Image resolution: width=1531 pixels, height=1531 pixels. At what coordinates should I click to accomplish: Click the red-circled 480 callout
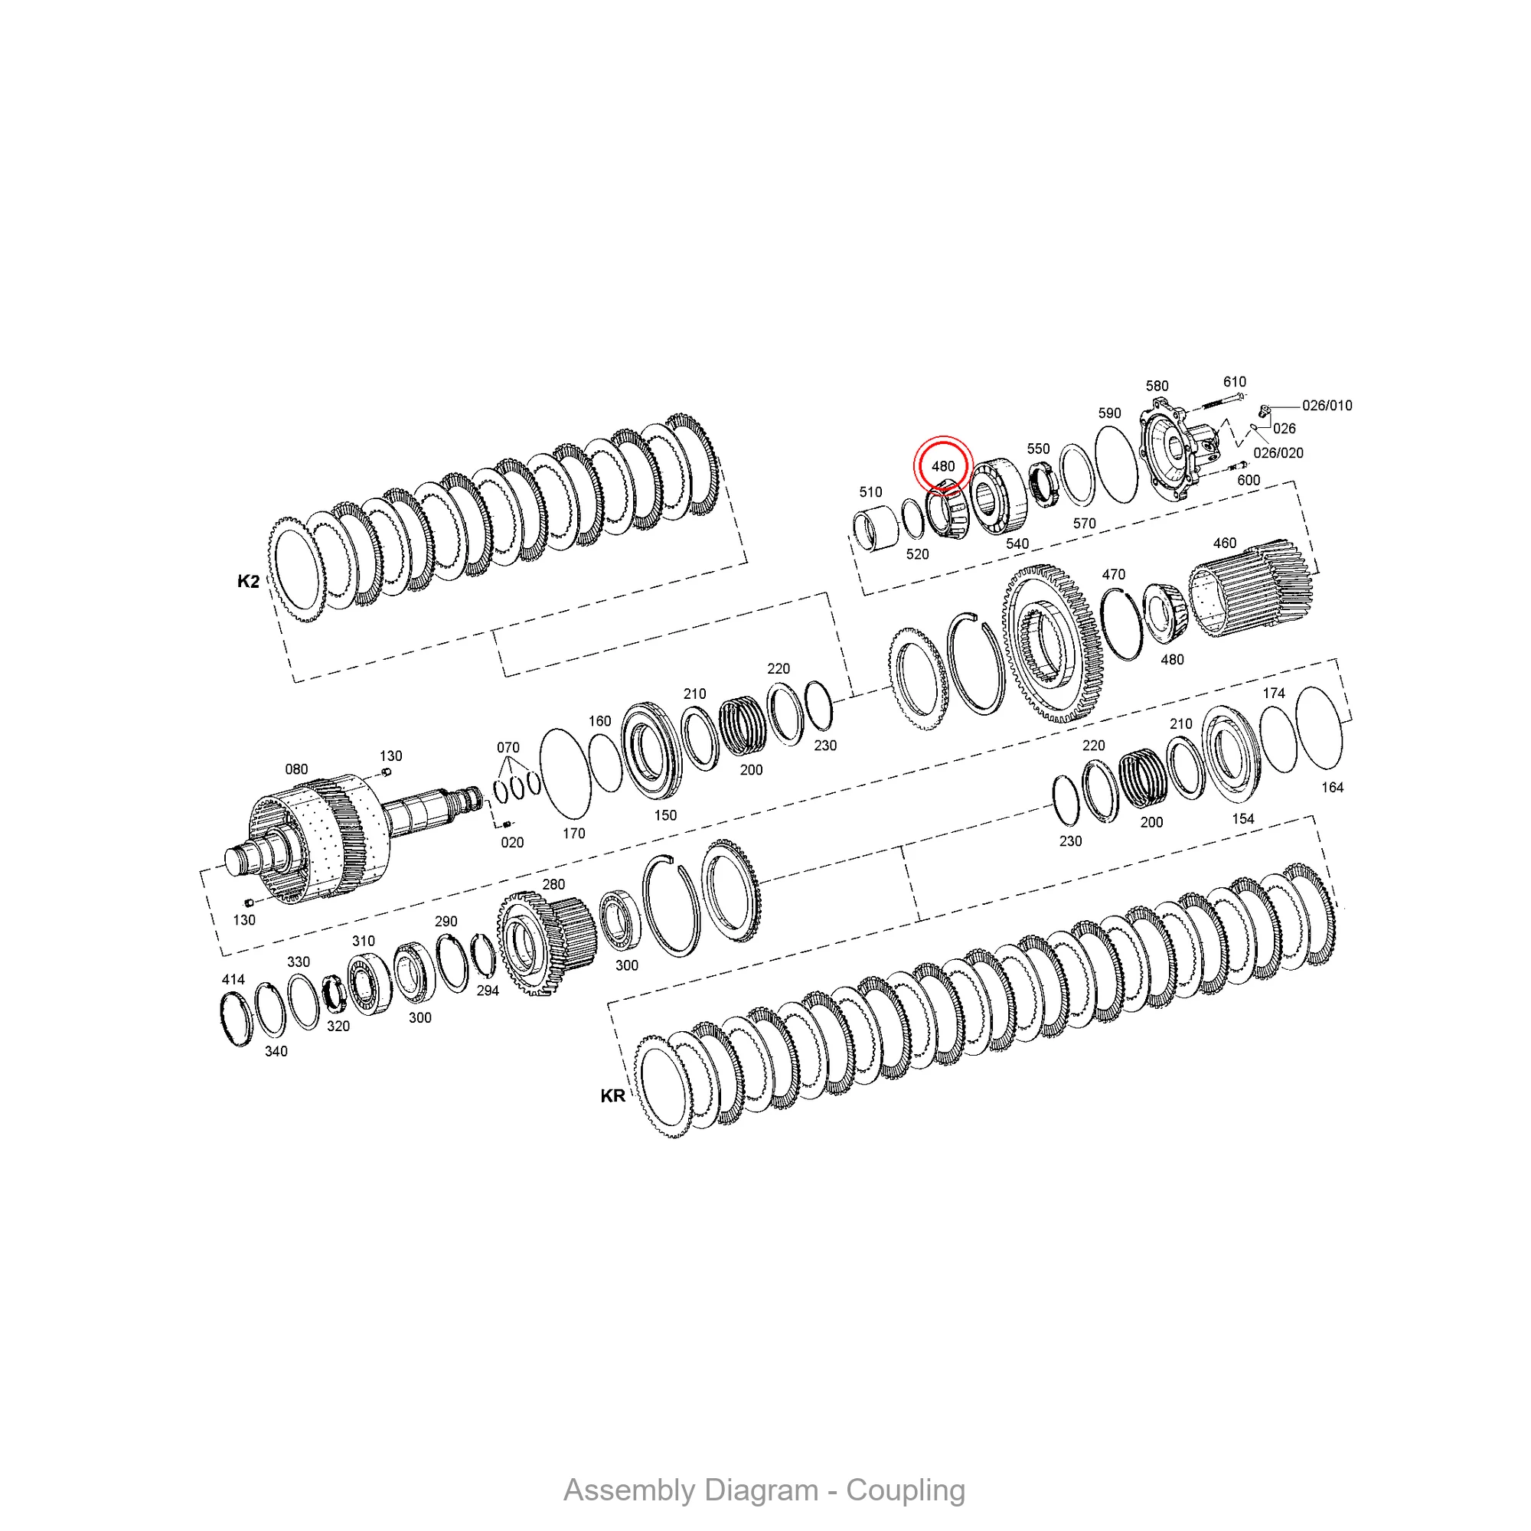(x=942, y=466)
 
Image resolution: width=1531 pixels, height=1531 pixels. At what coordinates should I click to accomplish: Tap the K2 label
(x=248, y=581)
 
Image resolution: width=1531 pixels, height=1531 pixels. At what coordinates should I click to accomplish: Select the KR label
(x=612, y=1096)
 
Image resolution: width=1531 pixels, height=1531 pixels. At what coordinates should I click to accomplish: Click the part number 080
(x=296, y=769)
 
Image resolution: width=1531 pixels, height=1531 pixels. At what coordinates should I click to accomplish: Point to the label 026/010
(x=1327, y=406)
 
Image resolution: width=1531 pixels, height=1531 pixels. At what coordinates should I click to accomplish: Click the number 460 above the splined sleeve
(x=1224, y=543)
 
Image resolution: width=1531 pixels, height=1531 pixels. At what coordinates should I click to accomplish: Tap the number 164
(x=1332, y=787)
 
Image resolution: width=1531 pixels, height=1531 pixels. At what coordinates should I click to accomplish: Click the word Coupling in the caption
(x=905, y=1490)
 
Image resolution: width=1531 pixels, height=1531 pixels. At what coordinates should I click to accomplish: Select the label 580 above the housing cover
(x=1157, y=386)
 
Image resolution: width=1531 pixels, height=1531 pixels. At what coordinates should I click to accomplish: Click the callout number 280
(x=553, y=884)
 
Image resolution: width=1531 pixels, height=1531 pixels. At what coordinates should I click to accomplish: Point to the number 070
(x=508, y=747)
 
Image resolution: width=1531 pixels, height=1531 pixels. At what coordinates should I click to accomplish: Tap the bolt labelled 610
(x=1219, y=403)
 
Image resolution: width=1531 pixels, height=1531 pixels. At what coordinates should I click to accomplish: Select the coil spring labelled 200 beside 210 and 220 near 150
(x=743, y=725)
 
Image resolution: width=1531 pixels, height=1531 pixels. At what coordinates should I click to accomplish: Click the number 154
(x=1242, y=818)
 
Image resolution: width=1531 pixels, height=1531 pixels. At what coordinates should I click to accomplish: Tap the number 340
(x=276, y=1051)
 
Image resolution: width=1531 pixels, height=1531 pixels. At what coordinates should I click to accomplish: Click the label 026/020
(x=1278, y=453)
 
